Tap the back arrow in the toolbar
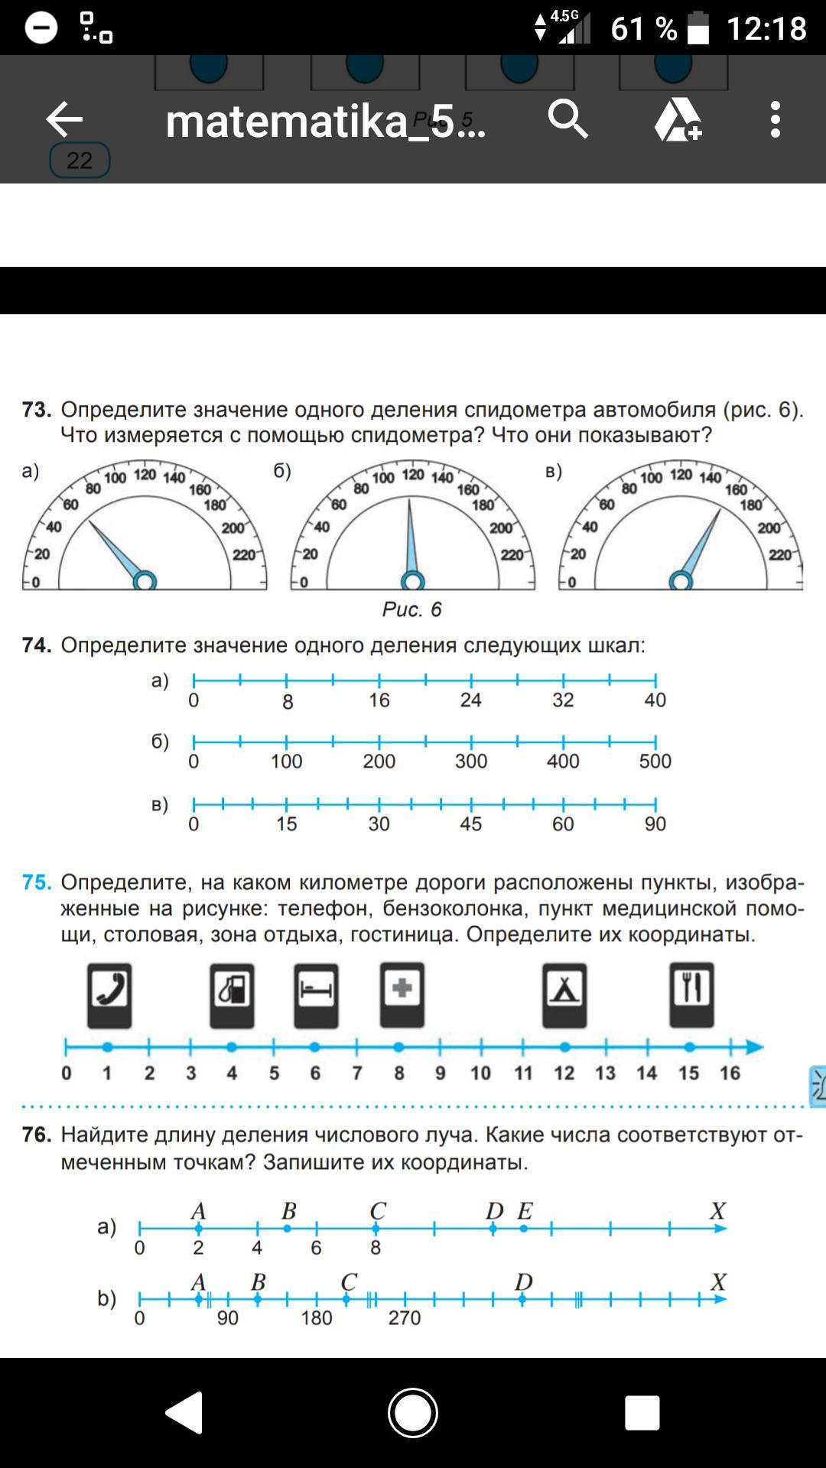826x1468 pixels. pyautogui.click(x=64, y=119)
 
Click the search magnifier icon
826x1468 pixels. pyautogui.click(x=567, y=119)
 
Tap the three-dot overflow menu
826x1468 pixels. pyautogui.click(x=776, y=119)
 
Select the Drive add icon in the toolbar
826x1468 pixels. pyautogui.click(x=678, y=119)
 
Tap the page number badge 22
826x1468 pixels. pyautogui.click(x=80, y=161)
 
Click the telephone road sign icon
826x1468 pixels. pyautogui.click(x=109, y=995)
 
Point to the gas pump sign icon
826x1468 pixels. pyautogui.click(x=232, y=995)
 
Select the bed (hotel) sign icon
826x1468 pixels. pyautogui.click(x=316, y=995)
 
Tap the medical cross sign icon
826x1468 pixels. pyautogui.click(x=402, y=995)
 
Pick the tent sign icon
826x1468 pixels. pyautogui.click(x=564, y=995)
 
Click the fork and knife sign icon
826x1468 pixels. pyautogui.click(x=691, y=995)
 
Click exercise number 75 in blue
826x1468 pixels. pyautogui.click(x=37, y=882)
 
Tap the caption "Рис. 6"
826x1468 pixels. pyautogui.click(x=412, y=609)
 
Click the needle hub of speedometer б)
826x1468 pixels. pyautogui.click(x=413, y=582)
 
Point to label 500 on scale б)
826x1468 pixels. pyautogui.click(x=655, y=762)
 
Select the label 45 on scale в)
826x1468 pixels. pyautogui.click(x=471, y=824)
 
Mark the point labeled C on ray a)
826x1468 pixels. pyautogui.click(x=376, y=1229)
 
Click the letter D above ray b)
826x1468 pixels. pyautogui.click(x=524, y=1281)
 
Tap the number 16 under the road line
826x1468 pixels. pyautogui.click(x=730, y=1073)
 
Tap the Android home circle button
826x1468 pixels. pyautogui.click(x=413, y=1413)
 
